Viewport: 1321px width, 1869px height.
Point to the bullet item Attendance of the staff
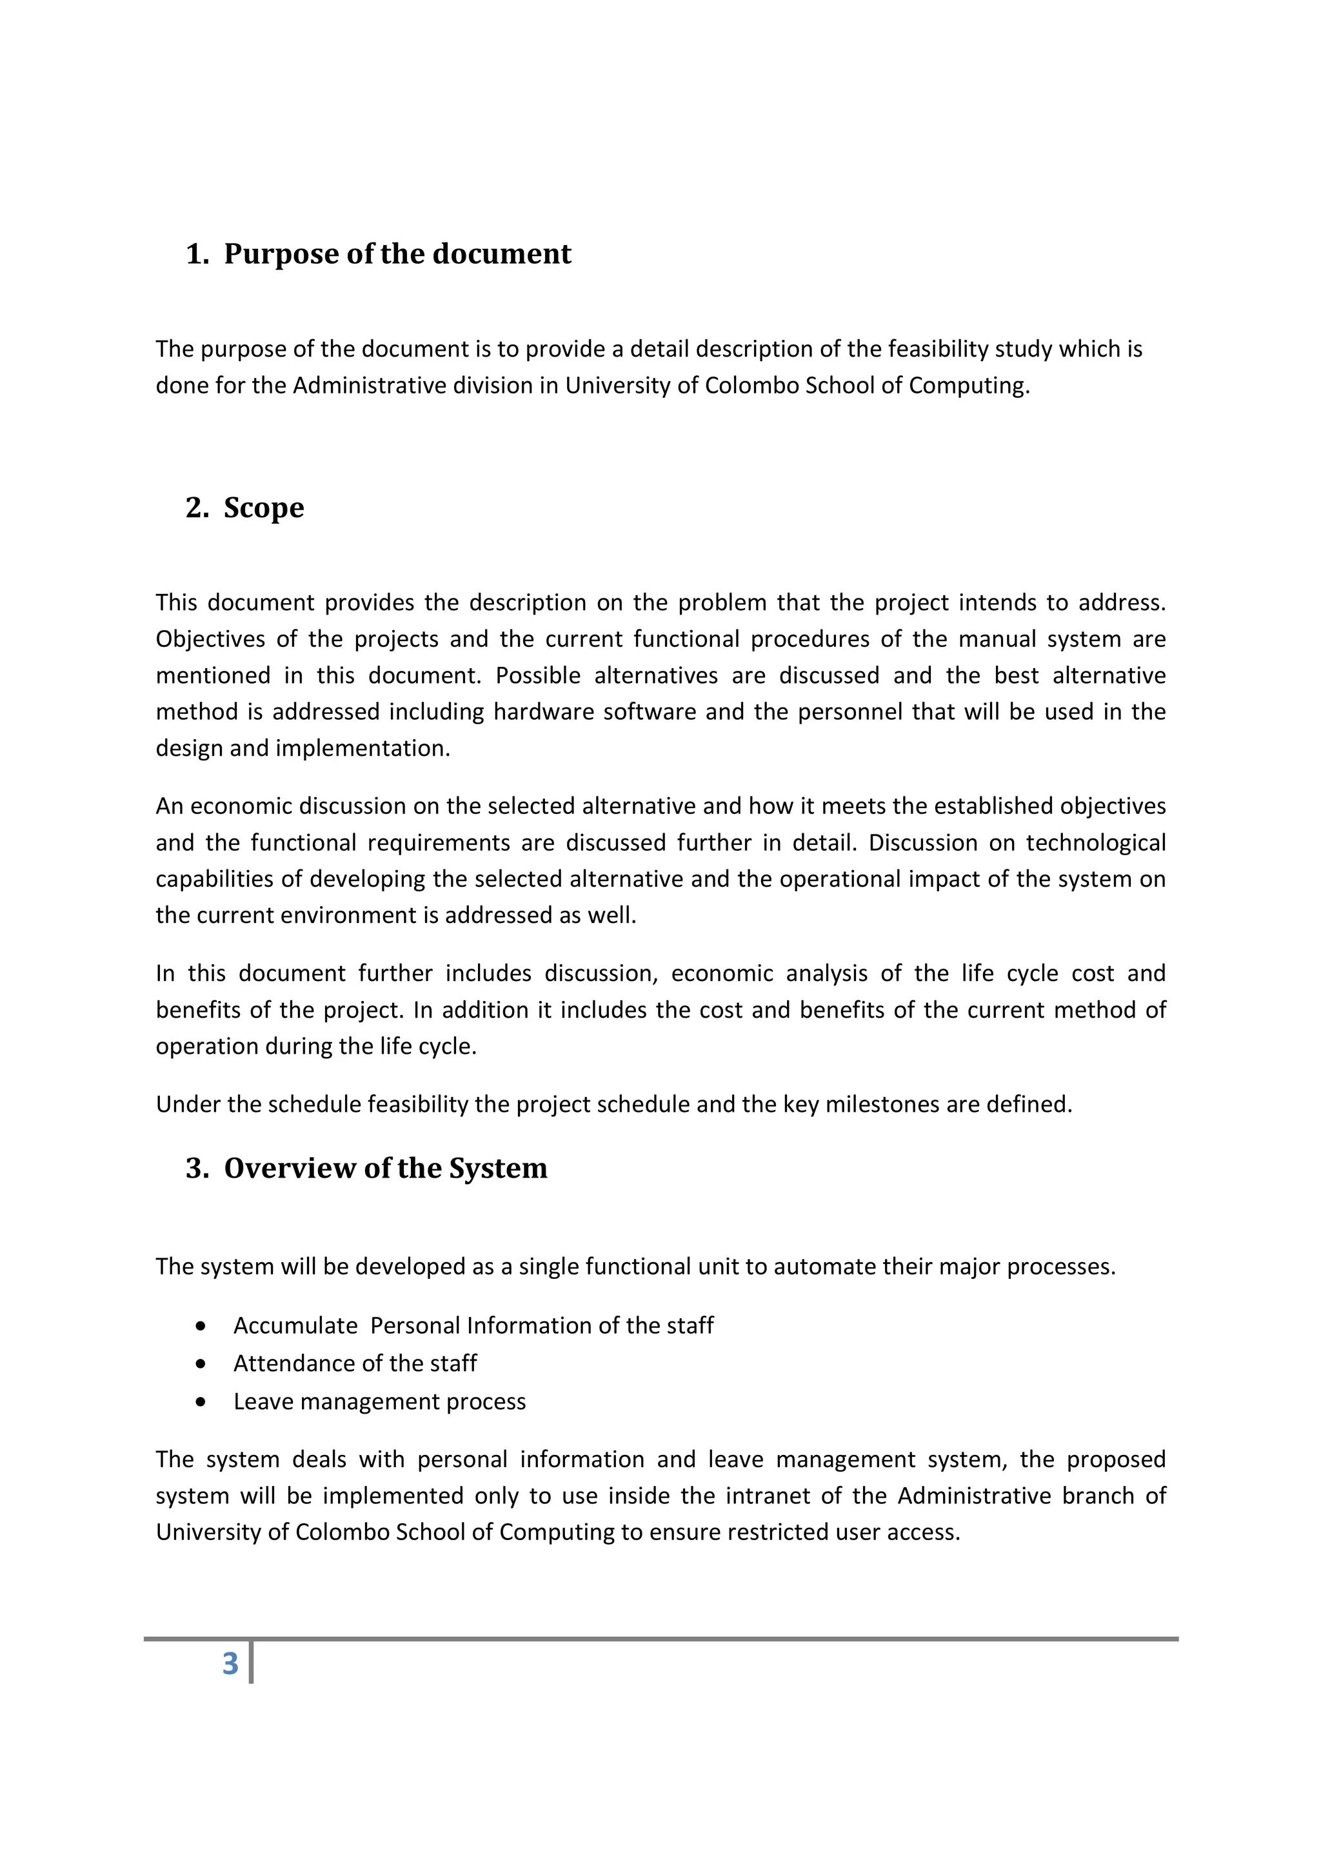355,1363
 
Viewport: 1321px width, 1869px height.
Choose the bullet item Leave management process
379,1402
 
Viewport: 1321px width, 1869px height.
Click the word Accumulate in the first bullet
295,1326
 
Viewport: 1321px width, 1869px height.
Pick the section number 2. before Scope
197,508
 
